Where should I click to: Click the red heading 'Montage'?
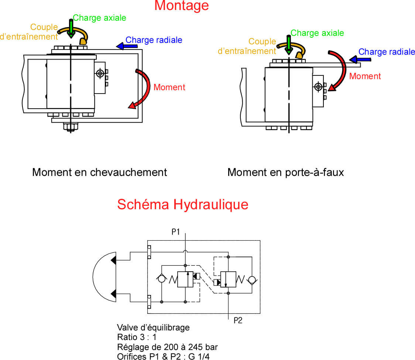[x=181, y=6]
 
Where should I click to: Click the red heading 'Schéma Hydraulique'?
[x=182, y=204]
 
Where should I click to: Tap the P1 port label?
[x=176, y=232]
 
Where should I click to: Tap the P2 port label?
[x=238, y=320]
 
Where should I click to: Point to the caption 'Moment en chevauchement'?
[x=99, y=172]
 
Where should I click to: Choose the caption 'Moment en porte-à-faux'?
[x=285, y=172]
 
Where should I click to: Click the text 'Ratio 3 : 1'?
[x=137, y=337]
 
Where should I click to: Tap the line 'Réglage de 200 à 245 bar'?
[x=167, y=347]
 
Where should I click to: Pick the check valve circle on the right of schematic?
[x=252, y=279]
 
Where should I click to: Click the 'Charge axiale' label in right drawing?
[x=317, y=33]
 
